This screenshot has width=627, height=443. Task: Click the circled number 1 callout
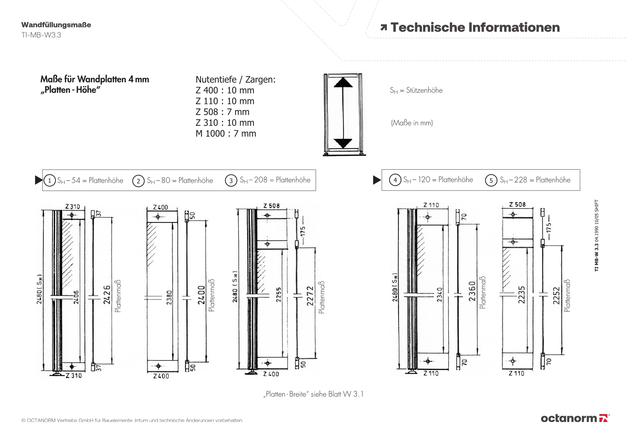pyautogui.click(x=50, y=181)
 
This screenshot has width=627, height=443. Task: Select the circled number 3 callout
pyautogui.click(x=231, y=181)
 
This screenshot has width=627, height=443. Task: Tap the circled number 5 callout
pyautogui.click(x=491, y=181)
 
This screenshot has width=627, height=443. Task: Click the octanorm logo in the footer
pyautogui.click(x=575, y=418)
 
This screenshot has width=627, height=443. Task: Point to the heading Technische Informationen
pyautogui.click(x=475, y=28)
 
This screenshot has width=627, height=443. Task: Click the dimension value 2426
pyautogui.click(x=107, y=295)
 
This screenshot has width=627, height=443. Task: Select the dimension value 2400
pyautogui.click(x=201, y=295)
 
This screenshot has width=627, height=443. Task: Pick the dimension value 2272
pyautogui.click(x=310, y=296)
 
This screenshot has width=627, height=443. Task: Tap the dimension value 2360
pyautogui.click(x=472, y=291)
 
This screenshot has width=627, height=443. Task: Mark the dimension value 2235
pyautogui.click(x=521, y=295)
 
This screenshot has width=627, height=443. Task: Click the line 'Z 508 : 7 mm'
pyautogui.click(x=222, y=112)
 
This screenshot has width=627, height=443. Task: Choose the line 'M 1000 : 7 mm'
pyautogui.click(x=226, y=134)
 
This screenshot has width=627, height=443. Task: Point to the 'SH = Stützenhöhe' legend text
pyautogui.click(x=416, y=91)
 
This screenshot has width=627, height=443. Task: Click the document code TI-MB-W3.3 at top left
pyautogui.click(x=41, y=35)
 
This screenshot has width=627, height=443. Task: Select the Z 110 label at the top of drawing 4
pyautogui.click(x=431, y=205)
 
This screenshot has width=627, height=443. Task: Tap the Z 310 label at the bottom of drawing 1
pyautogui.click(x=74, y=376)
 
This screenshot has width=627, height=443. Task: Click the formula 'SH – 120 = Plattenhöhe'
pyautogui.click(x=438, y=180)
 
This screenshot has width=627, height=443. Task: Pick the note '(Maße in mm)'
pyautogui.click(x=412, y=123)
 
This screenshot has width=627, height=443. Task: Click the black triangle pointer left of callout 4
pyautogui.click(x=377, y=180)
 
